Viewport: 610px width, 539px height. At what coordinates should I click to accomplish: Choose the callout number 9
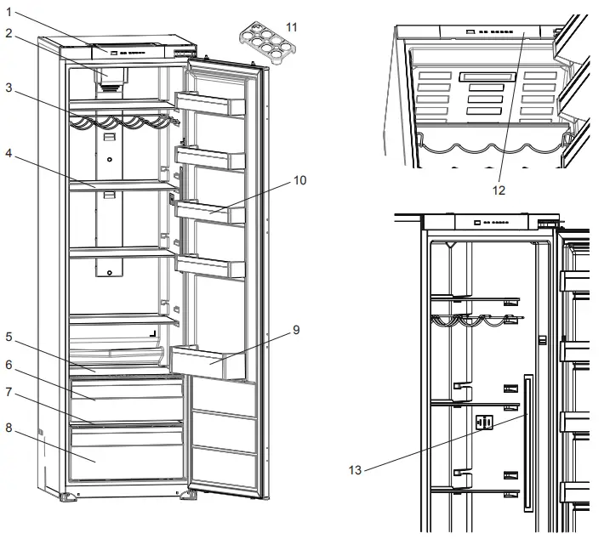[295, 329]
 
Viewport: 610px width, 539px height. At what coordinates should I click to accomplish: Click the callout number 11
[292, 27]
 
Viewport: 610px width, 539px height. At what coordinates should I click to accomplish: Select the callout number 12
[499, 190]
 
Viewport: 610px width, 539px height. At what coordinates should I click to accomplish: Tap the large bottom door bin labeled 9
[208, 363]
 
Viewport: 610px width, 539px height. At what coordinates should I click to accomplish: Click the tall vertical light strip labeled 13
[528, 442]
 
